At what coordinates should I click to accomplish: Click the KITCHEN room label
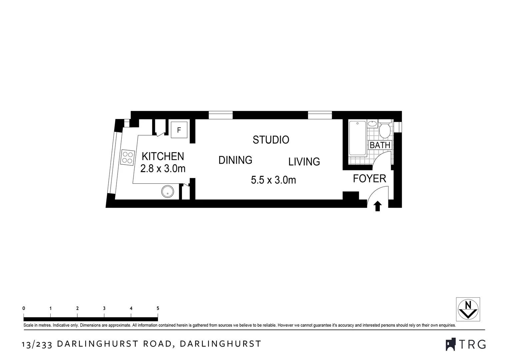(x=163, y=156)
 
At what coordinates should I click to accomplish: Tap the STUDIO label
(x=271, y=140)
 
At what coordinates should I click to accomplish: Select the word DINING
(x=235, y=160)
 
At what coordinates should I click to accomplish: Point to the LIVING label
(x=304, y=162)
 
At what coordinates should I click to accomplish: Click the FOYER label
(x=369, y=179)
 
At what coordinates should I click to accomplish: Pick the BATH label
(x=380, y=145)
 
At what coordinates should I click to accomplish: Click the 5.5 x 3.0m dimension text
(x=273, y=180)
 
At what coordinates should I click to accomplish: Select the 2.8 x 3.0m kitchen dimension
(x=163, y=169)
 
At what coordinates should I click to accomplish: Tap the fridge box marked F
(x=179, y=130)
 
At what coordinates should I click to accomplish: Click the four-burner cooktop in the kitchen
(x=127, y=157)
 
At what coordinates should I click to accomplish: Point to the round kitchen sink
(x=168, y=192)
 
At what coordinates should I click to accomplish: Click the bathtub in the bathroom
(x=357, y=138)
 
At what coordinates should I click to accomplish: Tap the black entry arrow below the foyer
(x=377, y=206)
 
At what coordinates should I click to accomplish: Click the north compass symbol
(x=468, y=309)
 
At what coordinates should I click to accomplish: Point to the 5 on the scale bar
(x=158, y=308)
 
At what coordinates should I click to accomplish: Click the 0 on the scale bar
(x=24, y=308)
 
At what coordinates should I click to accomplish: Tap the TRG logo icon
(x=450, y=344)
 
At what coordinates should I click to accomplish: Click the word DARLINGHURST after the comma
(x=221, y=344)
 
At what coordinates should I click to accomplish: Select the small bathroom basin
(x=373, y=124)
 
